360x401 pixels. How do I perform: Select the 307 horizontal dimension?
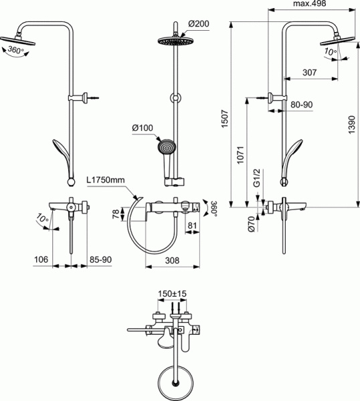tap(308, 74)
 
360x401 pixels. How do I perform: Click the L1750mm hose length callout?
tap(106, 179)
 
